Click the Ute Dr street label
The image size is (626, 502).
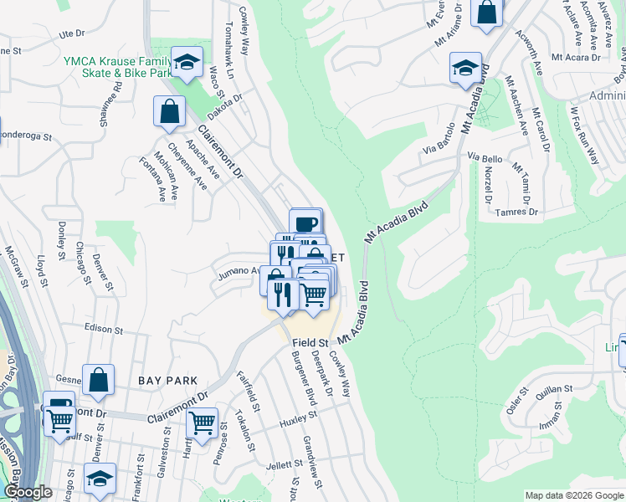click(73, 34)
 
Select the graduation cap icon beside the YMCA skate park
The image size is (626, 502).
click(187, 61)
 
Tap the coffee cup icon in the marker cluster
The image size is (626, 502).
click(306, 223)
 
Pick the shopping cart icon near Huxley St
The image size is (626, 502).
click(203, 423)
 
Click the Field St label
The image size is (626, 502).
click(310, 343)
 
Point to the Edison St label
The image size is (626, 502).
click(104, 329)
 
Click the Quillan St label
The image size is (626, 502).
click(553, 389)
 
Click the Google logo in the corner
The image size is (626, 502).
click(28, 493)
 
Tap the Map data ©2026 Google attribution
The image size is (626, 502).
click(572, 495)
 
